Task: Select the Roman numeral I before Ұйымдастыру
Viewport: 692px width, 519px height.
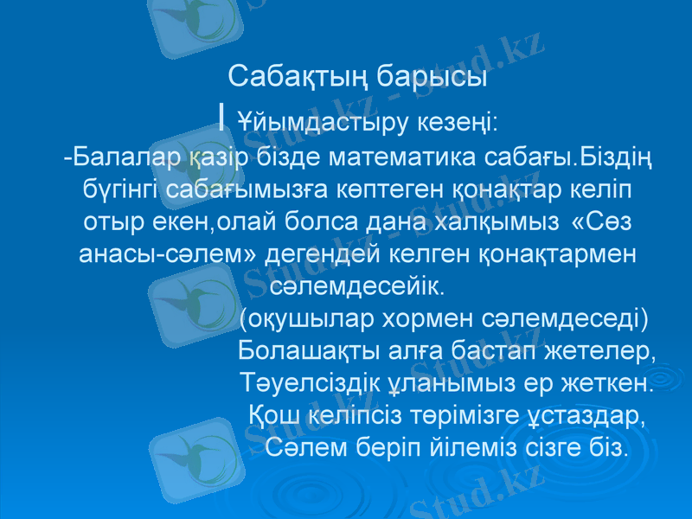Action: (x=223, y=116)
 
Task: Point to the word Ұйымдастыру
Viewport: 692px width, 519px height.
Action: (x=307, y=119)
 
